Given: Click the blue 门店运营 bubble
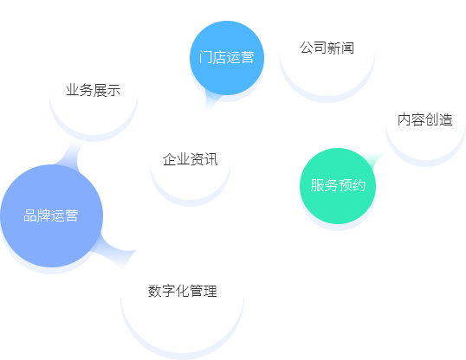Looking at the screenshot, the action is coord(227,58).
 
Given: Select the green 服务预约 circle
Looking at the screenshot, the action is coord(338,186).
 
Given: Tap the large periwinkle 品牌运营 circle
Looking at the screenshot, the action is coord(51,216).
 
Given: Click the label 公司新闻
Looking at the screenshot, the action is coord(327,48).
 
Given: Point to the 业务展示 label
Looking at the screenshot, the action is coord(94,90).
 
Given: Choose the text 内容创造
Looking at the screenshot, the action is coord(425,119).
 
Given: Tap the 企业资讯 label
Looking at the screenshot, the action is coord(191,159).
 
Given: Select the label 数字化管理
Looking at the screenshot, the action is coord(183,291).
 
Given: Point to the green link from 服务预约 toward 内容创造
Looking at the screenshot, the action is coord(375,160).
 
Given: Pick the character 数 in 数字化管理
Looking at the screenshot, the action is coord(155,291).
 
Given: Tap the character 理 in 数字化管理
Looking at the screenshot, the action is coord(210,291).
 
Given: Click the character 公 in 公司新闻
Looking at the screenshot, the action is coord(307,48).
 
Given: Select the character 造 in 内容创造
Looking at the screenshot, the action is coord(446,119).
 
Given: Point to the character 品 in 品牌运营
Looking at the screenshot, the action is coord(30,215).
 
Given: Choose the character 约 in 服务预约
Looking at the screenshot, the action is coord(359,185).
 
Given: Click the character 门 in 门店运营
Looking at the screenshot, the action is coord(206,57).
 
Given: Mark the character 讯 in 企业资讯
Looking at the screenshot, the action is coord(211,159).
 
